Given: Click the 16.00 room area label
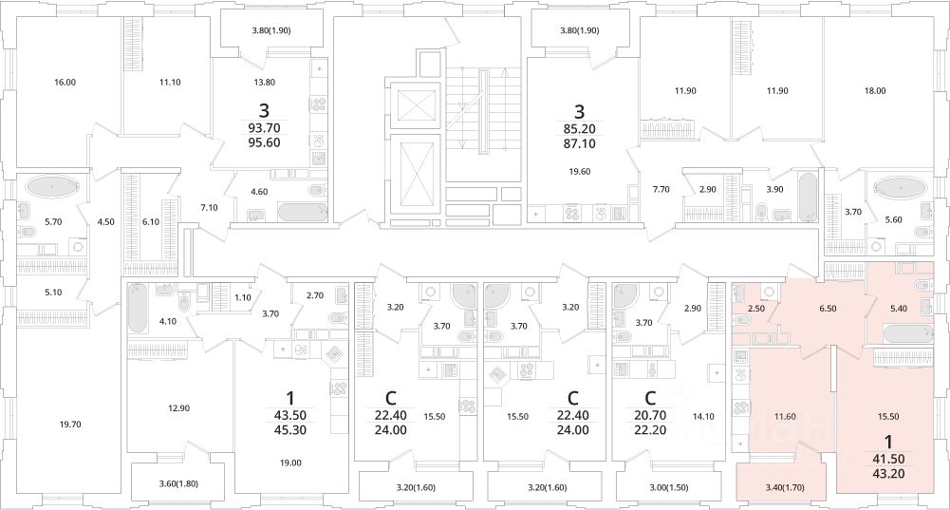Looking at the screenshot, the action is [x=65, y=83].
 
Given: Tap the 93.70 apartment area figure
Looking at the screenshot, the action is [x=264, y=128].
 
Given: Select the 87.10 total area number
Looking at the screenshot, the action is [x=579, y=143].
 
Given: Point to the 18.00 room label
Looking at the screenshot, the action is [x=874, y=91].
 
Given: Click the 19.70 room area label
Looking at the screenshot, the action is [x=70, y=425].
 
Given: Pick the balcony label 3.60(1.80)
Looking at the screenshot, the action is [x=178, y=484].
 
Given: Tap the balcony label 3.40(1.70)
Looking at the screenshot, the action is [x=785, y=487].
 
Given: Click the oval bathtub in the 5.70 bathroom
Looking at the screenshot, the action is [x=53, y=185].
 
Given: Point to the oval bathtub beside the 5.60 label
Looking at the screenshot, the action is [x=901, y=186].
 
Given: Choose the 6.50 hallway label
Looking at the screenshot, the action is [x=828, y=309].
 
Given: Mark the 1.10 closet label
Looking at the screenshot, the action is [x=242, y=298].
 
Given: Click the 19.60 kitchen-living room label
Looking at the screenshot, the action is [x=579, y=172].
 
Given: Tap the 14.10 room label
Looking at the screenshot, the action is [x=703, y=417].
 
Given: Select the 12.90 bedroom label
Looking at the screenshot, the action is [x=178, y=408].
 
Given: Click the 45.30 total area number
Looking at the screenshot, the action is [x=290, y=430].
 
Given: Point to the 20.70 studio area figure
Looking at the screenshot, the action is [x=649, y=416].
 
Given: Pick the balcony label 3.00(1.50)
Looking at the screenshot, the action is [x=668, y=487].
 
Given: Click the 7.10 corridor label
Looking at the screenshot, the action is [x=209, y=208].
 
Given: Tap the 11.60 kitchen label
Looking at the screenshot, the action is [x=785, y=417].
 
